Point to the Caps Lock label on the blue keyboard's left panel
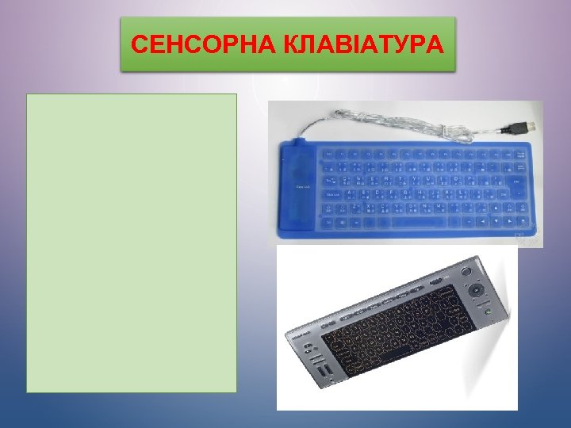coord(302,186)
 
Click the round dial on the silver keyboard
coord(478,290)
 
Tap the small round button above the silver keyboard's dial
coord(476,273)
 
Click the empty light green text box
coord(132,243)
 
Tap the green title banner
coord(289,44)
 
